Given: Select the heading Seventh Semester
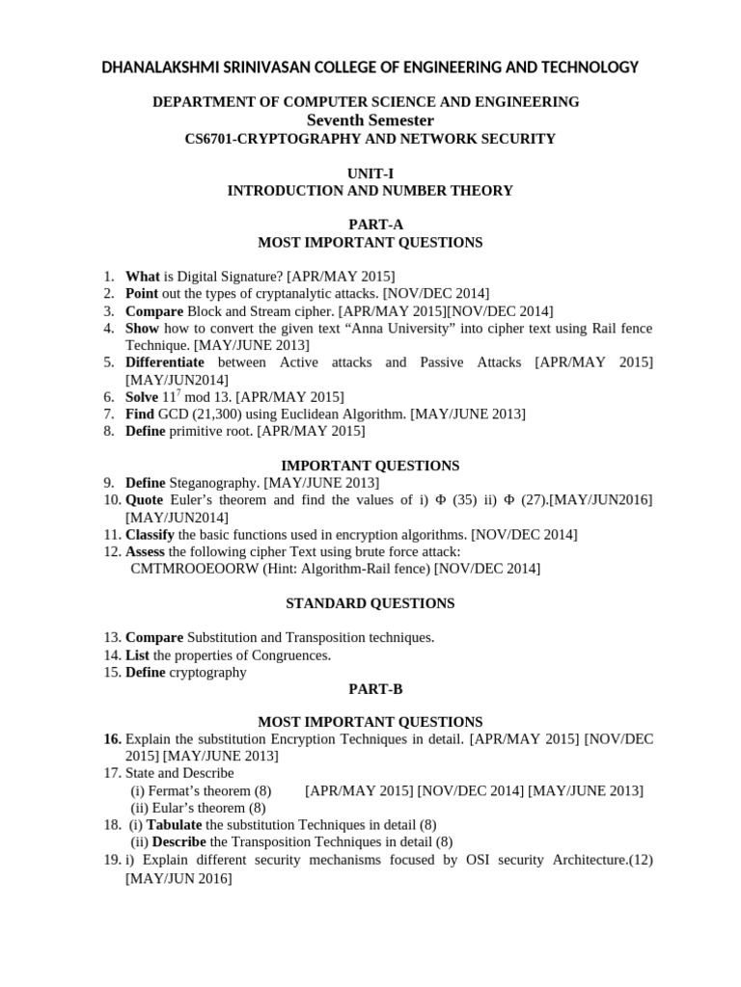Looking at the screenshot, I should click(370, 120).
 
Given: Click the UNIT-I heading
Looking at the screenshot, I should click(370, 173).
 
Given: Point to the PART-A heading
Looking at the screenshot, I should click(370, 225).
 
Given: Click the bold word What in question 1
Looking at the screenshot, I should click(143, 276).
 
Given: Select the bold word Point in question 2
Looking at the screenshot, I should click(143, 293).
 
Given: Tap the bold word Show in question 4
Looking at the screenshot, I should click(143, 328).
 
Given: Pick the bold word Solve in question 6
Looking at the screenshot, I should click(143, 397).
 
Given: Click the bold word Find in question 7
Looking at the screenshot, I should click(141, 414).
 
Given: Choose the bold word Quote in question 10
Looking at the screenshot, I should click(145, 499).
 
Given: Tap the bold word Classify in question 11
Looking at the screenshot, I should click(150, 534).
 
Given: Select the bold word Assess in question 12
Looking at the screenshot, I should click(146, 551).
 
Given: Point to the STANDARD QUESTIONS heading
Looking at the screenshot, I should click(370, 603).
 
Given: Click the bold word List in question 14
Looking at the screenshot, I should click(137, 655).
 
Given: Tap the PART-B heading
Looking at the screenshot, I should click(370, 690).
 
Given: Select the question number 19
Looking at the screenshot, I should click(111, 860).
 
